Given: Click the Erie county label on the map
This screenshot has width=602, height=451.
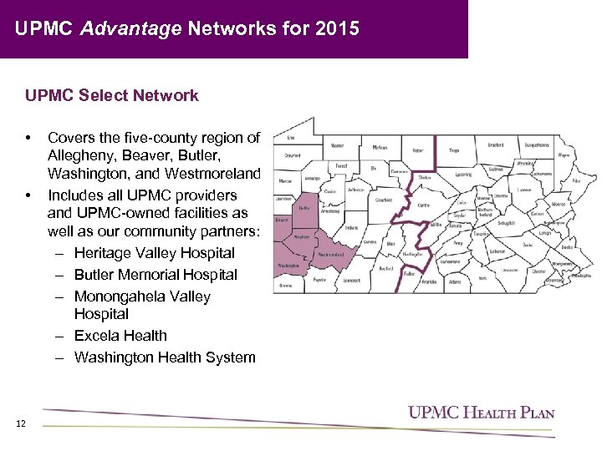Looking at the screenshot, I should point(291,137).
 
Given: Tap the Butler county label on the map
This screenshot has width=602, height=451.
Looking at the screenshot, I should point(304,208).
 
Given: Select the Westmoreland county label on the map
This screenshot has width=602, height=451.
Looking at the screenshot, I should point(331,255).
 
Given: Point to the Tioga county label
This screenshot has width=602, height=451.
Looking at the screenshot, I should point(454,150).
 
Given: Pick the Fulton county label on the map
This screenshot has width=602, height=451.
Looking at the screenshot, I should point(409,273).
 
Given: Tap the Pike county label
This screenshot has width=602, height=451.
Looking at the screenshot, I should point(576,180).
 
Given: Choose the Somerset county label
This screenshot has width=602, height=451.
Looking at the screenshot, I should point(352,281).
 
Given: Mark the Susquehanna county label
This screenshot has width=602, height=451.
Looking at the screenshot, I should point(537,144).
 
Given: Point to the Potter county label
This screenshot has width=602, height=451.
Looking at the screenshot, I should point(417,150).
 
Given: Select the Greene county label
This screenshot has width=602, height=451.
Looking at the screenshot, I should point(286,285).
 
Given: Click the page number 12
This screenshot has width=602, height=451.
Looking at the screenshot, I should point(21,423).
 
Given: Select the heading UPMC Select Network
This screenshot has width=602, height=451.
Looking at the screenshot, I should point(112,95).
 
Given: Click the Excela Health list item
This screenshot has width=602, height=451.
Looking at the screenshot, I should point(120,336).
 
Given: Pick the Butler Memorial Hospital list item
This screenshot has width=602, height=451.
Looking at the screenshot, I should point(156,275).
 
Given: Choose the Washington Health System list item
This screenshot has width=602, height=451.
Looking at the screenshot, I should point(165,357).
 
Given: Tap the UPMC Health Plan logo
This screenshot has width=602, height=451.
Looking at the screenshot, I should point(481,412).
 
